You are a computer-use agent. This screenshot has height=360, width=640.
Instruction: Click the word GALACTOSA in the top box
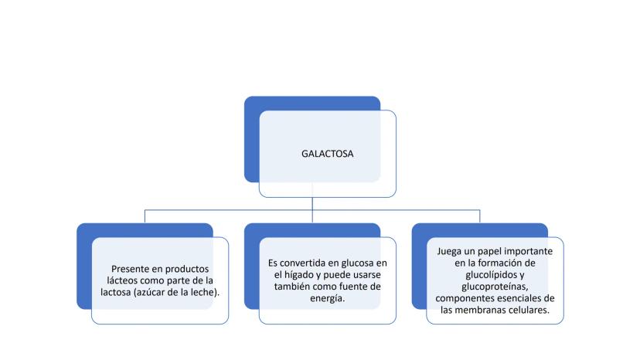click(x=328, y=154)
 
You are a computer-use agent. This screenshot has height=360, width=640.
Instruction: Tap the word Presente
click(x=130, y=269)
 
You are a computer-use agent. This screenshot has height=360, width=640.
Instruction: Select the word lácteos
click(x=122, y=280)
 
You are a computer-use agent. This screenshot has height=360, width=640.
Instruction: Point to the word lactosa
click(x=115, y=292)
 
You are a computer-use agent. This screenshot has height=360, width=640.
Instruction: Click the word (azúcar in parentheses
click(x=150, y=292)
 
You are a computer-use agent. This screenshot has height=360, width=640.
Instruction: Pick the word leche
click(x=206, y=292)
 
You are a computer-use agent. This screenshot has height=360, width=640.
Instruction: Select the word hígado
click(x=299, y=275)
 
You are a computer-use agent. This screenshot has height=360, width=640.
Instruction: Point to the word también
click(x=292, y=287)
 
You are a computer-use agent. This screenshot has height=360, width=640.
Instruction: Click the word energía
click(x=328, y=298)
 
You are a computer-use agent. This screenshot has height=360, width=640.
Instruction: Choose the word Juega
click(x=449, y=251)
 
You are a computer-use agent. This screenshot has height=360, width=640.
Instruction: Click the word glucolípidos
click(x=486, y=275)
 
